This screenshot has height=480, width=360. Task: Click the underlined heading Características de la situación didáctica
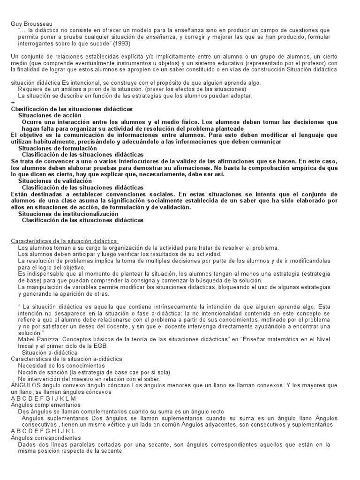[x=64, y=241]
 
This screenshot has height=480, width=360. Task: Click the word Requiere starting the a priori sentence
[x=30, y=89]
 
